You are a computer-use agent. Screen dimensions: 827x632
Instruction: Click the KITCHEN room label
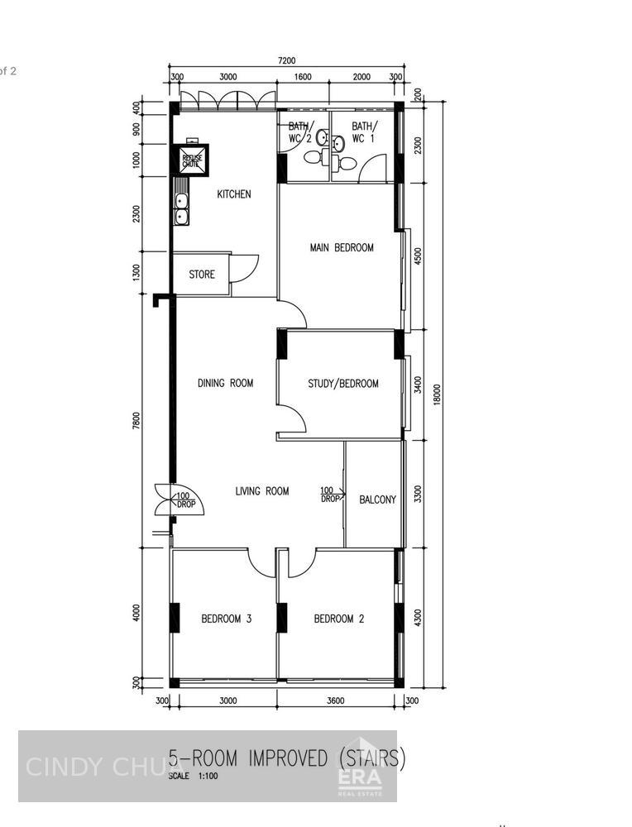[x=233, y=194]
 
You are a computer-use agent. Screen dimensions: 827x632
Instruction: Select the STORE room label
[x=202, y=275]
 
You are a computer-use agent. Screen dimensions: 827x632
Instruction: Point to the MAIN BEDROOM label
[x=342, y=247]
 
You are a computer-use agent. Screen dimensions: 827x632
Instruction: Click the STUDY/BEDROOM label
[x=342, y=384]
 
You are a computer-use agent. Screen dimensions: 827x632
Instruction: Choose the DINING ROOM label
[x=225, y=383]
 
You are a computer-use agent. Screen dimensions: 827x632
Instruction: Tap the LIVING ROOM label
[x=262, y=491]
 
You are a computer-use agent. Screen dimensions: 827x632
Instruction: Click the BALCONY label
[x=377, y=500]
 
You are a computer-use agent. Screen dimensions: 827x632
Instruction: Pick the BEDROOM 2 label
[x=339, y=619]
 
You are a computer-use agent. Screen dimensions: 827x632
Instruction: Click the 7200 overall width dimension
[x=286, y=60]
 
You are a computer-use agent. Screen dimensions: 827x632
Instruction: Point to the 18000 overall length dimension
[x=438, y=393]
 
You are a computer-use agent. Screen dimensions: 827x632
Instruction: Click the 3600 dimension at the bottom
[x=335, y=700]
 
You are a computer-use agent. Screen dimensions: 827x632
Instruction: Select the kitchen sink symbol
[x=180, y=209]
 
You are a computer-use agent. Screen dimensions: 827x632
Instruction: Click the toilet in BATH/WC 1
[x=347, y=164]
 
